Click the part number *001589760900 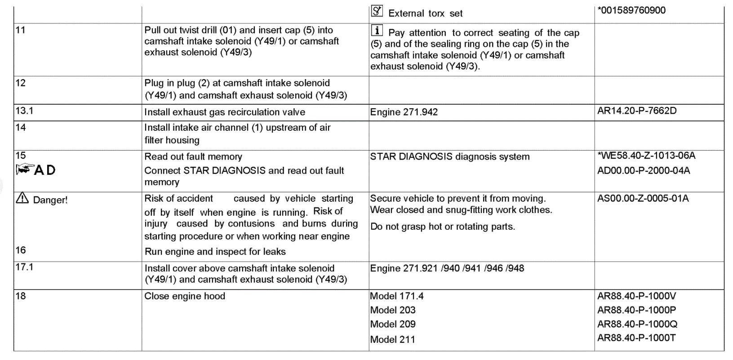631,10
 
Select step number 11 21,30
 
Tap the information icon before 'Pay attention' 377,31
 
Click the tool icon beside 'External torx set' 377,11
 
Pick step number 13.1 24,111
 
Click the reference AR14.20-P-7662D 636,111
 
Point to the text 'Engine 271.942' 404,112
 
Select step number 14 21,128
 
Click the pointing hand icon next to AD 24,169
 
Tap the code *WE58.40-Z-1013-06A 646,156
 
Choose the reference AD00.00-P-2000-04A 643,170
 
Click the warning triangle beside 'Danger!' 22,198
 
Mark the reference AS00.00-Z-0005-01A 643,198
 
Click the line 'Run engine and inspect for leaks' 215,252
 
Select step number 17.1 24,267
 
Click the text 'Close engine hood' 185,296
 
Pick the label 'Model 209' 393,324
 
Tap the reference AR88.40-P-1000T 636,338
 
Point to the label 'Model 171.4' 396,296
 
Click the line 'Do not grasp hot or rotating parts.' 442,227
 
